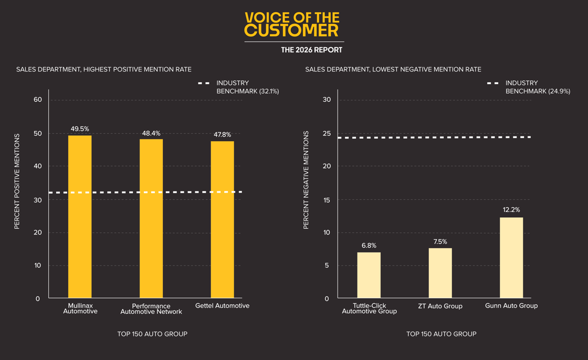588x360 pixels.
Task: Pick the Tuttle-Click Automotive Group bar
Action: (369, 275)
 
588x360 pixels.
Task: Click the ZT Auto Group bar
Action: (440, 273)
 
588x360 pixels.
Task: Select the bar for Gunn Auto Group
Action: (511, 258)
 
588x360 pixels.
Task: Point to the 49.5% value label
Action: (80, 129)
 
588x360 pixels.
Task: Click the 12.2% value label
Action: (511, 210)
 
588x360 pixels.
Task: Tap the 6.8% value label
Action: (369, 246)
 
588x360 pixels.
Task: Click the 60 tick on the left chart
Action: (38, 100)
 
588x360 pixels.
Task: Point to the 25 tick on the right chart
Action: (327, 133)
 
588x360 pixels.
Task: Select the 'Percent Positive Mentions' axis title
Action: (17, 181)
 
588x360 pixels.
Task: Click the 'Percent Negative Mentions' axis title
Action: (306, 180)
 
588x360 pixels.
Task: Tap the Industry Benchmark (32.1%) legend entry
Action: (239, 87)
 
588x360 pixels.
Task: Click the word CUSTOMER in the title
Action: (291, 30)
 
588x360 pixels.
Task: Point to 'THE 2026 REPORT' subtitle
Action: (311, 50)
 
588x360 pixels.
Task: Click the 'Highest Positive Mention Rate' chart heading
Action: (103, 69)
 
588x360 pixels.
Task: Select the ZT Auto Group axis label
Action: (440, 306)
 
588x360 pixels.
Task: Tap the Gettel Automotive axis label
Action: (222, 305)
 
